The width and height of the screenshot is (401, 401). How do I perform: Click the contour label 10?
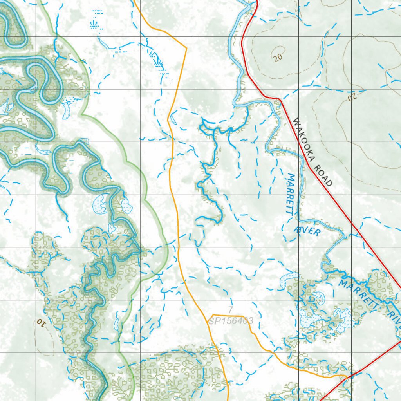pyautogui.click(x=40, y=322)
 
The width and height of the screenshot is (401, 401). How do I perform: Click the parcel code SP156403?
pyautogui.click(x=231, y=321)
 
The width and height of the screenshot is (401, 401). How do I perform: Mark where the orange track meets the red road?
pyautogui.click(x=347, y=377)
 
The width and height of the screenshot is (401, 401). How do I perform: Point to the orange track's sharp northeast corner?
pyautogui.click(x=186, y=48)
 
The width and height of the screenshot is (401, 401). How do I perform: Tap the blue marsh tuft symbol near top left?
pyautogui.click(x=95, y=25)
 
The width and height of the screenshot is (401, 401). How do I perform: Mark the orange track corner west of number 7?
pyautogui.click(x=211, y=315)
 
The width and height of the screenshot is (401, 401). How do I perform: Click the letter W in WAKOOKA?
pyautogui.click(x=296, y=123)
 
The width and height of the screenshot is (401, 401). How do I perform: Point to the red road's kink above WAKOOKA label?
pyautogui.click(x=279, y=100)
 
